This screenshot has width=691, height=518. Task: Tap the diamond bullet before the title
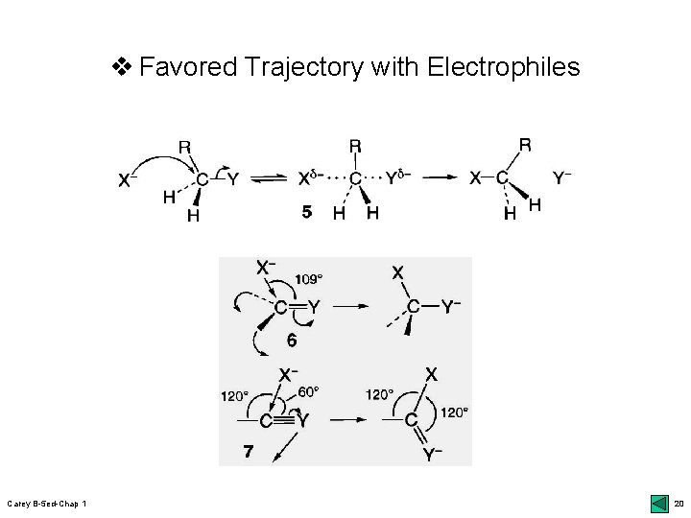point(121,67)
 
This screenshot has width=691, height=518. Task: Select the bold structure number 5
point(305,214)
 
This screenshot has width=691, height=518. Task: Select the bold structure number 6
point(291,340)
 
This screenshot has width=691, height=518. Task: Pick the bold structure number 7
point(249,451)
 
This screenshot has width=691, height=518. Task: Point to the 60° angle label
point(307,390)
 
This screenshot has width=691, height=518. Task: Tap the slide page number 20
point(679,504)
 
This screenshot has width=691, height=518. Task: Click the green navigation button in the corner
point(658,504)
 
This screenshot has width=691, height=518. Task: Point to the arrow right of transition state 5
point(441,177)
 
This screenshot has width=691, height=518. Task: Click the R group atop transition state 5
point(355,146)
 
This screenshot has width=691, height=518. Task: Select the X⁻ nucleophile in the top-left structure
point(127,179)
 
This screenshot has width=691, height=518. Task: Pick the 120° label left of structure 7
point(234,394)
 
